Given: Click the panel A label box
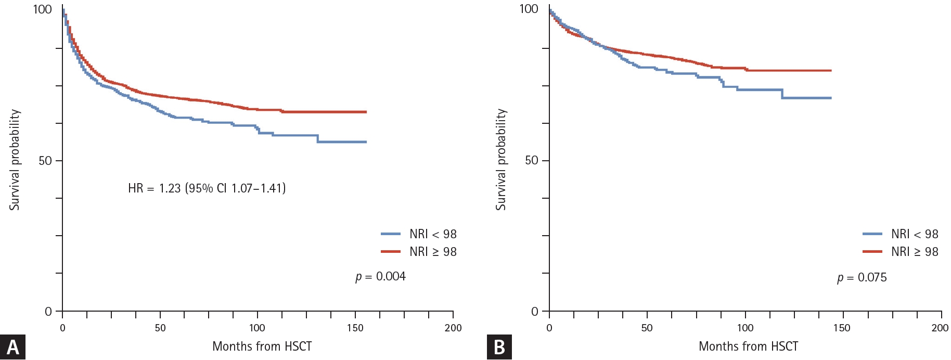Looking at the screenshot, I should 12,347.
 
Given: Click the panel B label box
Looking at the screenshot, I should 499,347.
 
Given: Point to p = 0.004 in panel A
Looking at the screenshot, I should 380,276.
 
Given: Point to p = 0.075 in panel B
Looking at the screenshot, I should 862,277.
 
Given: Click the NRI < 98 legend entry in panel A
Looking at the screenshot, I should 419,234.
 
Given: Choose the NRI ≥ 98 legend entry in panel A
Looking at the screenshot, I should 419,252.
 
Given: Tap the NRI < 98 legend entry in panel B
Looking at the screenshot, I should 901,234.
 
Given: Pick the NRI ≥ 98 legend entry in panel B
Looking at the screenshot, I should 901,252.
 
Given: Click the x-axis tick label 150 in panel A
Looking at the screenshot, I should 355,328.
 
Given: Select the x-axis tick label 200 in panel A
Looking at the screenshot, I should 453,328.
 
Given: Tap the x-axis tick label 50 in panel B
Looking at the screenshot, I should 647,328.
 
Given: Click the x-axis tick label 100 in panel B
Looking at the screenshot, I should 745,328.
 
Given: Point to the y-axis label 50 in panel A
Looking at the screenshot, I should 45,160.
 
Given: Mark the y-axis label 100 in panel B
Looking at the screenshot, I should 529,9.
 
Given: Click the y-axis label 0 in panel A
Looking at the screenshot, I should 48,312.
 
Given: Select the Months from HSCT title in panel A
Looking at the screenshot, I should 262,346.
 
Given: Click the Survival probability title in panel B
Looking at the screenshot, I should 500,159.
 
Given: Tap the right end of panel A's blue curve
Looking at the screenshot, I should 366,142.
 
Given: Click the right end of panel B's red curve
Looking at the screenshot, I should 831,70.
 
